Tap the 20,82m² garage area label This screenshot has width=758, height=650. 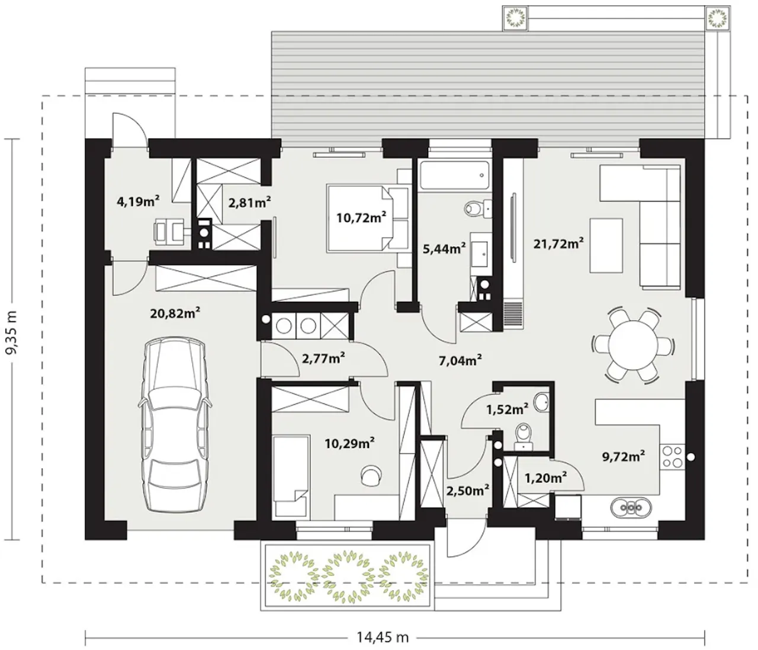point(175,313)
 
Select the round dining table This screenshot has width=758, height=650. point(633,345)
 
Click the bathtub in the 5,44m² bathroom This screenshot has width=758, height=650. point(455,175)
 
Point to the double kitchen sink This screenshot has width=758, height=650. point(631,508)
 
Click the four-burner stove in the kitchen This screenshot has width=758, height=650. point(673,456)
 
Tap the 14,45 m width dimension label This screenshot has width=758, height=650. point(383,638)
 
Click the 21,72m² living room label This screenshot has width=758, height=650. point(558,244)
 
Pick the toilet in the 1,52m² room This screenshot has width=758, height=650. point(523,437)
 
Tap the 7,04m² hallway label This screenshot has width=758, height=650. point(460,361)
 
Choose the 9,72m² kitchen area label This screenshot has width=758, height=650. point(624,456)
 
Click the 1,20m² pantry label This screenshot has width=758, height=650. point(545,478)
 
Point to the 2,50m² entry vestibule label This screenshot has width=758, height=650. point(468,490)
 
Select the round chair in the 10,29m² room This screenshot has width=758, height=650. point(371,475)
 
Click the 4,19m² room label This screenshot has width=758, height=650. point(138,201)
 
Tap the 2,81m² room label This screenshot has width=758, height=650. point(250,202)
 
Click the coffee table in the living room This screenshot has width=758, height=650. point(606,245)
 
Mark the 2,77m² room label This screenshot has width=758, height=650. point(323,358)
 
